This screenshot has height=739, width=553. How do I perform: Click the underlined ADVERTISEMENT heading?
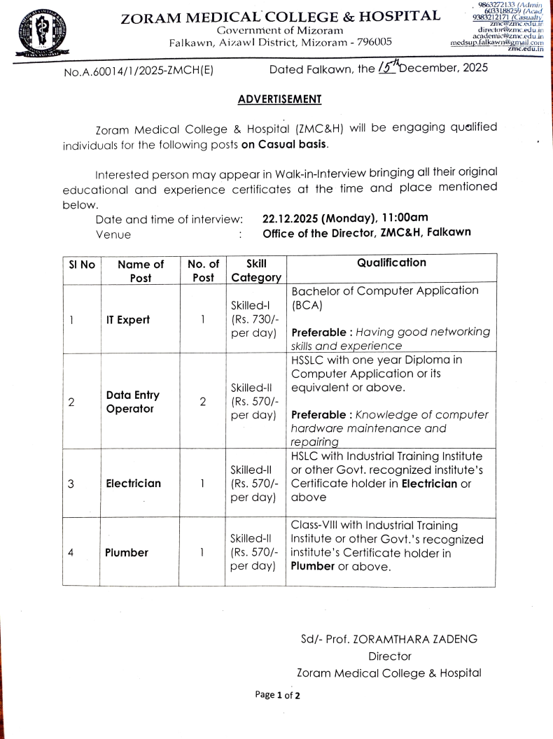coord(279,99)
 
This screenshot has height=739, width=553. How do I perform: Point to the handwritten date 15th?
coord(386,66)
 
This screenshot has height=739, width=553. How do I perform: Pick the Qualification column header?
coord(391,263)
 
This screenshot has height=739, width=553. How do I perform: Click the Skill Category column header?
coord(255,270)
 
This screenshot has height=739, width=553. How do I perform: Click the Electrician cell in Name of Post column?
coord(132,484)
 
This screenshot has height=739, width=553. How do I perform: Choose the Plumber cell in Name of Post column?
coord(126,552)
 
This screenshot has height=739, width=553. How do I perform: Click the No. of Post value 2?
coord(202,402)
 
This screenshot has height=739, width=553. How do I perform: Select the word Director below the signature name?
coord(389,656)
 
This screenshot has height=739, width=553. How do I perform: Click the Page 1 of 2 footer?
coord(277,695)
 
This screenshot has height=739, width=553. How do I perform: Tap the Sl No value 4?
coord(71,552)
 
